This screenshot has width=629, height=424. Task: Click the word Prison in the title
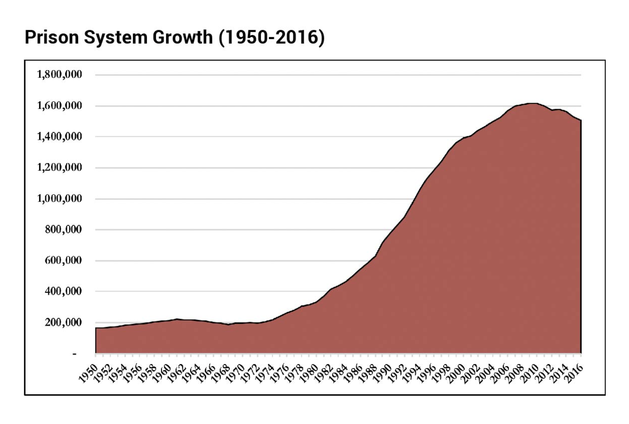pyautogui.click(x=52, y=37)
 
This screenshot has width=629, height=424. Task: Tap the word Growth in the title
pyautogui.click(x=182, y=37)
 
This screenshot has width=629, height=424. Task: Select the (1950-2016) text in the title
pyautogui.click(x=271, y=37)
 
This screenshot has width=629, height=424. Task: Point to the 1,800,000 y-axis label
pyautogui.click(x=59, y=74)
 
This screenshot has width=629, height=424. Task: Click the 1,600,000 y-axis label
pyautogui.click(x=59, y=105)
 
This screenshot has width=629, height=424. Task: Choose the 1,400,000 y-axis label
pyautogui.click(x=59, y=136)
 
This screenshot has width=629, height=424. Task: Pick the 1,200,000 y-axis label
pyautogui.click(x=59, y=167)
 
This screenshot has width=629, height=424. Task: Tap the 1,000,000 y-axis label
pyautogui.click(x=59, y=198)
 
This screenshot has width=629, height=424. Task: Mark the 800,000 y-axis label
pyautogui.click(x=63, y=229)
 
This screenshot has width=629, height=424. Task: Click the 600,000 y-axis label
pyautogui.click(x=63, y=260)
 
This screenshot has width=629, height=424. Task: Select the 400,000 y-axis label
pyautogui.click(x=63, y=291)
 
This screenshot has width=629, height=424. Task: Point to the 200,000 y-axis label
pyautogui.click(x=63, y=322)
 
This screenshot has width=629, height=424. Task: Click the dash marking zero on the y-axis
pyautogui.click(x=74, y=354)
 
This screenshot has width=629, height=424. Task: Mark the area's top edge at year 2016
pyautogui.click(x=581, y=120)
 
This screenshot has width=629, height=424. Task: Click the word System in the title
pyautogui.click(x=115, y=37)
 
